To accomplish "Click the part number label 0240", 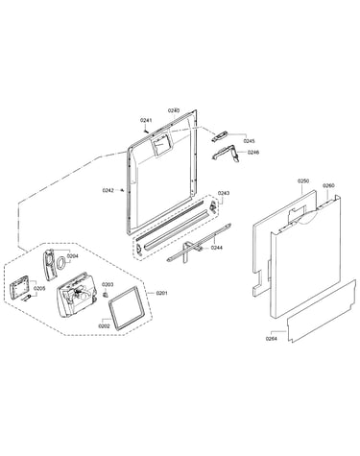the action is [174, 110].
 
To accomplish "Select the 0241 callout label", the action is [146, 120].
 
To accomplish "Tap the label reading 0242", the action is [108, 190].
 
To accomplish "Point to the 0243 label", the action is [224, 193].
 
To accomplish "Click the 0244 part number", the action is [217, 248].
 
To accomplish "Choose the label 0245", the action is [249, 141].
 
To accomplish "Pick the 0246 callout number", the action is [253, 153].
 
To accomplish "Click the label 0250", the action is [303, 181].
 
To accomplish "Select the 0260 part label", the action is [328, 185].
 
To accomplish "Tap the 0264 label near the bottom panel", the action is [271, 339].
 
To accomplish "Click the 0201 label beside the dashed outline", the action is [161, 293].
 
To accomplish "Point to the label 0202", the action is [105, 326].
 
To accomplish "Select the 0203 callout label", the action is [108, 284].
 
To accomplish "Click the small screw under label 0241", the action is [147, 131].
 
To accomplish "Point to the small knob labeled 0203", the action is [105, 294].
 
